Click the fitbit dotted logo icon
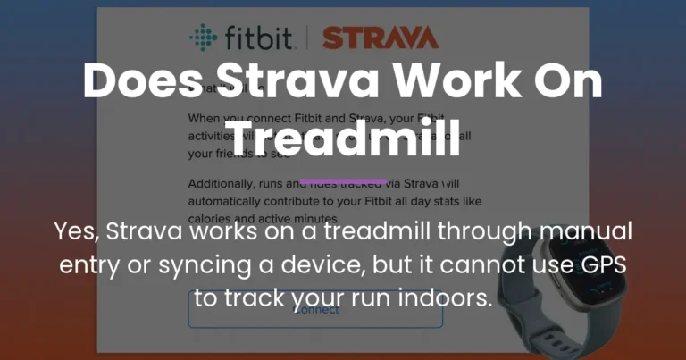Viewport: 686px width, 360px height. [x=203, y=38]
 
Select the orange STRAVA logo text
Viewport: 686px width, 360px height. [x=380, y=38]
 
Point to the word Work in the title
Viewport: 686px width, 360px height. [x=447, y=83]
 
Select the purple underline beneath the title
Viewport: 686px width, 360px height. [x=343, y=180]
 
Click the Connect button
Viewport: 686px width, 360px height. [x=315, y=309]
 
